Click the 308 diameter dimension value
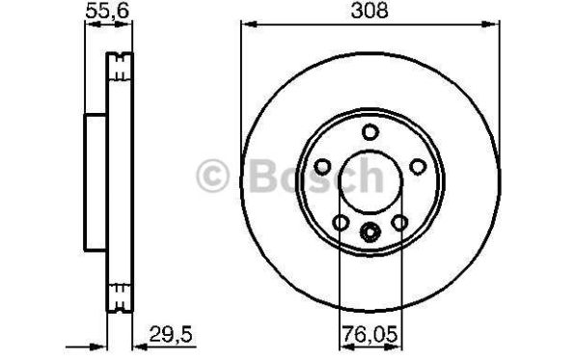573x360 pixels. click(369, 11)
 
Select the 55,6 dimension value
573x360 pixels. click(107, 11)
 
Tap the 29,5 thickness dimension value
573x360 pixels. click(171, 334)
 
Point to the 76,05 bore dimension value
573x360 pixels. click(369, 334)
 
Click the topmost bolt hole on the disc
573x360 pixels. click(369, 131)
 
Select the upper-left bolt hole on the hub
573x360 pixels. click(322, 167)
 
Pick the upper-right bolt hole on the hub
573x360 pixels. click(418, 167)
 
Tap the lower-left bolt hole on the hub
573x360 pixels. click(341, 222)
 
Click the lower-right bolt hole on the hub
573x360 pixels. click(399, 222)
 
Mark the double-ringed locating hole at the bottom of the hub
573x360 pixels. click(369, 232)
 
